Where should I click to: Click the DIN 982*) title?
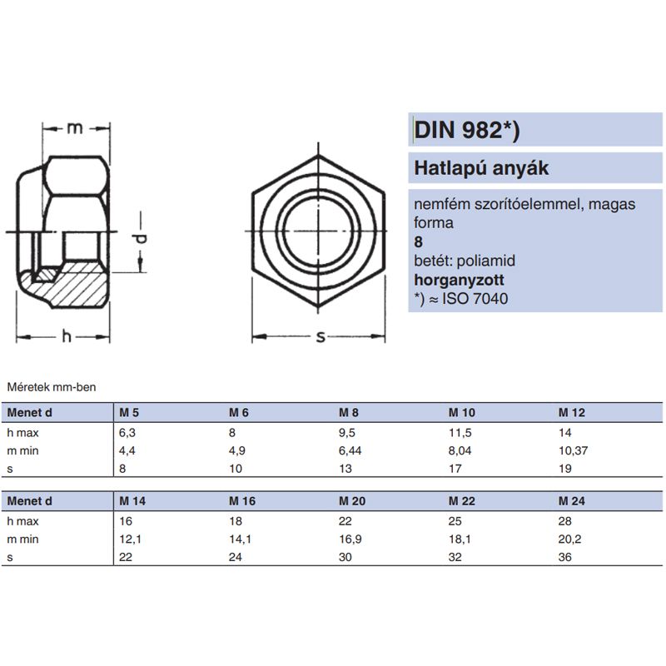coord(468,130)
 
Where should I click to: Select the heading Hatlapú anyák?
coord(482,169)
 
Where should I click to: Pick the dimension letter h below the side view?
coord(66,336)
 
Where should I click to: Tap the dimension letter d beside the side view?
coord(142,240)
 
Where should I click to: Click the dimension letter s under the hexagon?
coord(320,336)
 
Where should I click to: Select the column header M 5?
coord(128,413)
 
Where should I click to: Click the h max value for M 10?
coord(460,433)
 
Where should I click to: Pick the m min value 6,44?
coord(354,451)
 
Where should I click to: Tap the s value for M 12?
coord(565,470)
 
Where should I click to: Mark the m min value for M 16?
coord(240,539)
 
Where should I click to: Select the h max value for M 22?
coord(455,521)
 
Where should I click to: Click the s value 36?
coord(565,558)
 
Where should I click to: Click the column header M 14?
coord(132,501)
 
